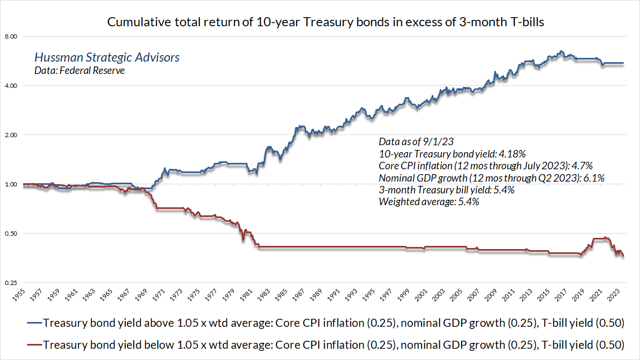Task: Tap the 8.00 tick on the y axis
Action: pos(11,36)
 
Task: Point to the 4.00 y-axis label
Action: pos(11,86)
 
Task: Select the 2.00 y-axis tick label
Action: pos(11,135)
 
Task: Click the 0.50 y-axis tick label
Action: pos(11,234)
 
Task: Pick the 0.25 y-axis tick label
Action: pos(11,283)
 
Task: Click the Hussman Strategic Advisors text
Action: pos(107,57)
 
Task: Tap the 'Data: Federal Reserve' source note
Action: pos(79,70)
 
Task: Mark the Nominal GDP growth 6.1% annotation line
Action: pos(491,178)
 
